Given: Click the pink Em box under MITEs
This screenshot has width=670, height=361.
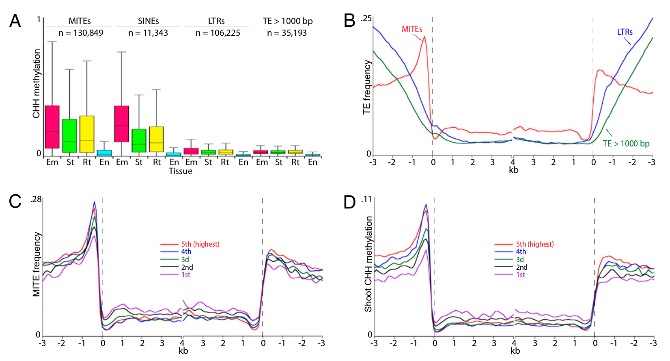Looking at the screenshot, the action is pyautogui.click(x=52, y=127).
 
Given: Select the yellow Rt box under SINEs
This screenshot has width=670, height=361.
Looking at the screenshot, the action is pyautogui.click(x=156, y=139).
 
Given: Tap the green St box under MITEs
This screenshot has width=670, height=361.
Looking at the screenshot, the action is pyautogui.click(x=69, y=135).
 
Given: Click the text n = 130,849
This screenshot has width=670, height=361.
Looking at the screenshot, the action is pyautogui.click(x=81, y=33).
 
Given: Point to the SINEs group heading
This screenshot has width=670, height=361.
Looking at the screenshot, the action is pyautogui.click(x=149, y=21).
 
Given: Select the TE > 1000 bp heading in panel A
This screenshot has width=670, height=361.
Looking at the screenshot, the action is pyautogui.click(x=288, y=21).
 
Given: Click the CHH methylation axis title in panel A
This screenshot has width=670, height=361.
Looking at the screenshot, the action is pyautogui.click(x=37, y=84).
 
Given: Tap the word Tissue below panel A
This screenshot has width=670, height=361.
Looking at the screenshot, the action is pyautogui.click(x=180, y=171).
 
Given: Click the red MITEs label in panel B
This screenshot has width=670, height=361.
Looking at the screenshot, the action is pyautogui.click(x=412, y=29).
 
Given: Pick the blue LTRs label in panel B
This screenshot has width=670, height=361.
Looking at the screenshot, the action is pyautogui.click(x=625, y=32).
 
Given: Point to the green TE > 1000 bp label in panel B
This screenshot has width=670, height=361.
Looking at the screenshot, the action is pyautogui.click(x=626, y=144).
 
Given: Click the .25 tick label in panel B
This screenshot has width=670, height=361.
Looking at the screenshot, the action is pyautogui.click(x=366, y=19).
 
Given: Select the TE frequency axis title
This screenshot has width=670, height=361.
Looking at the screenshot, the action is pyautogui.click(x=367, y=87).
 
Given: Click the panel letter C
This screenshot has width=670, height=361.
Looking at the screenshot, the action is pyautogui.click(x=15, y=202).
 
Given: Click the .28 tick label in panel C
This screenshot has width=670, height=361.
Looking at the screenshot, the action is pyautogui.click(x=36, y=199).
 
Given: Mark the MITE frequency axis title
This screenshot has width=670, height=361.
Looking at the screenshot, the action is pyautogui.click(x=37, y=264).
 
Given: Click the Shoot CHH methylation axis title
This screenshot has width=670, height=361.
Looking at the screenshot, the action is pyautogui.click(x=368, y=264).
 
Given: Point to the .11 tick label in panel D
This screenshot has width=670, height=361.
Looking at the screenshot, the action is pyautogui.click(x=366, y=199).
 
